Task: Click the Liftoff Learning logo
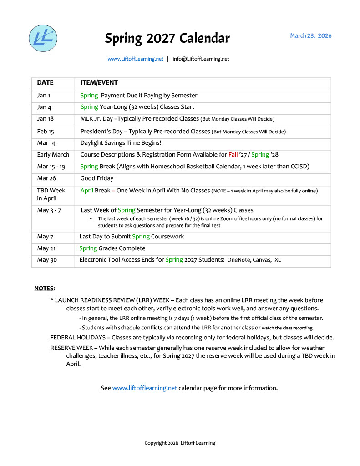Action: [x=43, y=38]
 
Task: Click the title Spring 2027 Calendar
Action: [x=167, y=38]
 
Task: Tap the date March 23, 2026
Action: [x=311, y=35]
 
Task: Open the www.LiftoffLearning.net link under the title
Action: [x=135, y=59]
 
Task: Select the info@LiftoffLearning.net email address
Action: [x=201, y=59]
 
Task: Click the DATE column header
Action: [x=45, y=83]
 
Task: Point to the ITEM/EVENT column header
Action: [x=99, y=83]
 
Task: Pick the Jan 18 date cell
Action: [x=45, y=119]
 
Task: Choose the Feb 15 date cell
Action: [x=46, y=132]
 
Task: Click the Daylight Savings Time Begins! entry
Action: [x=121, y=143]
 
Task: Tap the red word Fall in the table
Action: [x=233, y=155]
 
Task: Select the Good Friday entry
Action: [x=97, y=178]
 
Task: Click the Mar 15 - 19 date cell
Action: [x=51, y=167]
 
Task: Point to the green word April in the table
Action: [x=86, y=191]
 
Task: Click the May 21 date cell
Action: [x=46, y=248]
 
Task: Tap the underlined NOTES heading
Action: [x=44, y=289]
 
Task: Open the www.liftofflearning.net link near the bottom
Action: [x=144, y=388]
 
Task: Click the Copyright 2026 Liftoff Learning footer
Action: [x=180, y=443]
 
